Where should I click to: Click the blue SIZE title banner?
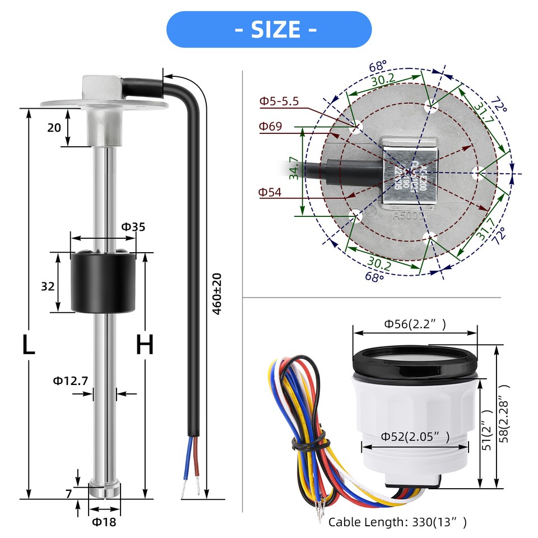coord(269,29)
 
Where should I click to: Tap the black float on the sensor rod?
coord(104,281)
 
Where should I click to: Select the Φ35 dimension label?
coord(133,227)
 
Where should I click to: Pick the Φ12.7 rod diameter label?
coord(71,381)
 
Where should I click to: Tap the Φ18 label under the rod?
coord(105,522)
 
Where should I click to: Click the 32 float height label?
coord(48,286)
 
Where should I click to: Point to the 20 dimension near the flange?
coord(54,128)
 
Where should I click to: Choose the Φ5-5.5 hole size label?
coord(279,101)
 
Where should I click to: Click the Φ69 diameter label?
coord(270,126)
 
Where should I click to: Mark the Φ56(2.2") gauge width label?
coord(415,323)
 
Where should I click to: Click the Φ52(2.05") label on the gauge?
coord(415,437)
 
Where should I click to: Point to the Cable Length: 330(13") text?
coord(397,522)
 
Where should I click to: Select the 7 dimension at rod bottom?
coord(68,494)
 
